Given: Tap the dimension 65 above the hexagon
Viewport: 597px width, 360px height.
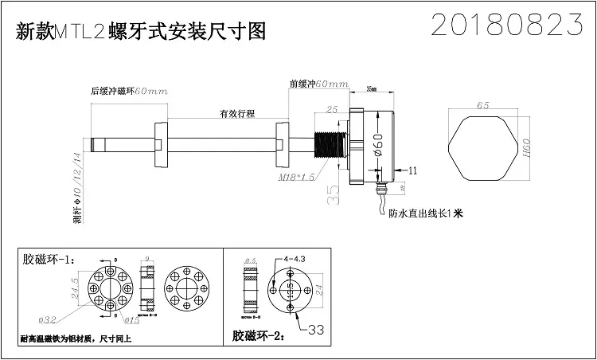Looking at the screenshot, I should [482, 105].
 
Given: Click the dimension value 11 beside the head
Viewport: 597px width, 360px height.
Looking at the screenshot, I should [412, 170].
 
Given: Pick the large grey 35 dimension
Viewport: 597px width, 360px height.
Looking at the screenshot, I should [334, 194].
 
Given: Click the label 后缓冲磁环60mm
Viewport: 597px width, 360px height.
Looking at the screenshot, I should [129, 92].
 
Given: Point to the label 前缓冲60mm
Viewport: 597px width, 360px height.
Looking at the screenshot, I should [319, 84].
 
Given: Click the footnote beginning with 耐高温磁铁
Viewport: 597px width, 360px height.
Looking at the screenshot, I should [76, 339].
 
